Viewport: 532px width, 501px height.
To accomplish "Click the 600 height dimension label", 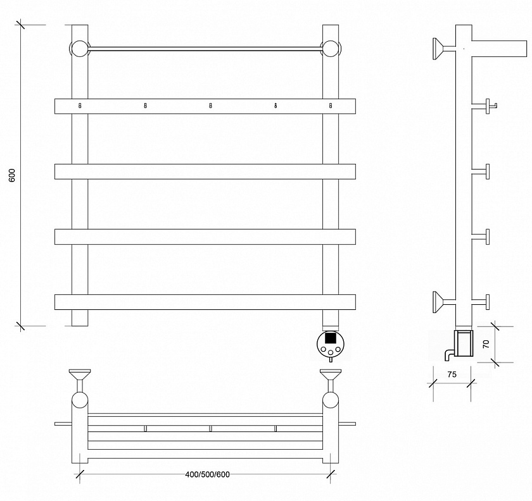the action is (12, 175).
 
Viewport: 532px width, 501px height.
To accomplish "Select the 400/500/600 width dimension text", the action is (207, 474).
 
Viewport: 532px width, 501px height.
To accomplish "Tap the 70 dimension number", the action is (486, 344).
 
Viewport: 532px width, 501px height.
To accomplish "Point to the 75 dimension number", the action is (452, 374).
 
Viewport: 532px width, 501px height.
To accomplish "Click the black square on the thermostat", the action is (331, 338).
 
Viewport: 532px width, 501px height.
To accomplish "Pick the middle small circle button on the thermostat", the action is (331, 353).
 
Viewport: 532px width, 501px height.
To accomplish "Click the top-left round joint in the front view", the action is (79, 49).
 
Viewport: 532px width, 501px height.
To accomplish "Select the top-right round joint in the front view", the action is (330, 49).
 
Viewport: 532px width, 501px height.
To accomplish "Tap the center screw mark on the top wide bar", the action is (210, 106).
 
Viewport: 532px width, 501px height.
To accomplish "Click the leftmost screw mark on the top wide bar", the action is (80, 106).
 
